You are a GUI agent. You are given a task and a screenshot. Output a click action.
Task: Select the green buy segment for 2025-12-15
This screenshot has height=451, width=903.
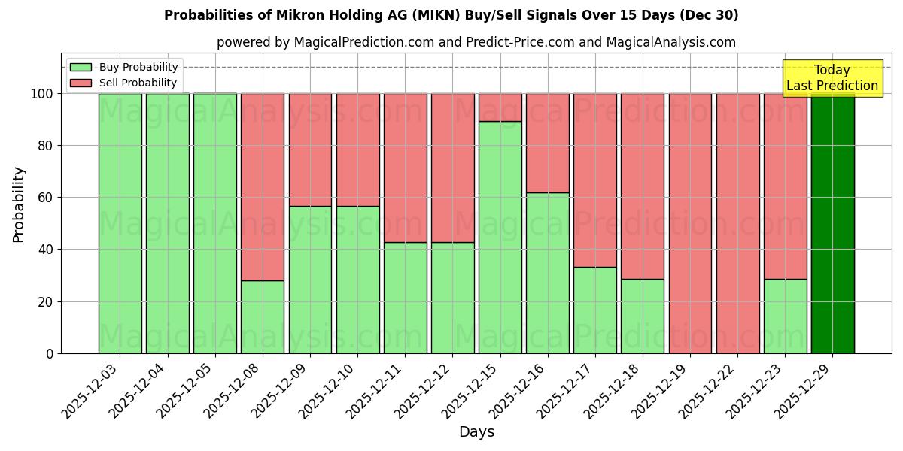click(500, 237)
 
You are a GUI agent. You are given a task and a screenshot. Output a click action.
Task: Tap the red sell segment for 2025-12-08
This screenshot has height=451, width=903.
click(263, 186)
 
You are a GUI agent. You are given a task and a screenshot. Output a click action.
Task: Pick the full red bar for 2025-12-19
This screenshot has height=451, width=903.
click(690, 223)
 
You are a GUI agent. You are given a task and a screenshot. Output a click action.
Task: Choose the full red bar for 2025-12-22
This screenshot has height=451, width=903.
click(737, 223)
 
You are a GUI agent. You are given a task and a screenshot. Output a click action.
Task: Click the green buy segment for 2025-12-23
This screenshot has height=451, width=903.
click(785, 316)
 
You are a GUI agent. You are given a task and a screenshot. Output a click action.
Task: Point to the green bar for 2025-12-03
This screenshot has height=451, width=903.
click(120, 223)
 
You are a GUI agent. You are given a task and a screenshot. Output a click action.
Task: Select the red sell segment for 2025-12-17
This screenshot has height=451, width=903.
click(594, 180)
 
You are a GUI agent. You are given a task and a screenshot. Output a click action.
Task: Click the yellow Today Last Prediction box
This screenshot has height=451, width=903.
click(832, 78)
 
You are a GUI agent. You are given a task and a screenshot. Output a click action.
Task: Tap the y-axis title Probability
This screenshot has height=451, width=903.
click(19, 204)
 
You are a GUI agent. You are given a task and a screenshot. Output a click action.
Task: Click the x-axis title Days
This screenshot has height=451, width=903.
click(476, 431)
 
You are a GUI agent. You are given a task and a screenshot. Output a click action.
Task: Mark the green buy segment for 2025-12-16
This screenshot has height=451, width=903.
click(547, 273)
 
